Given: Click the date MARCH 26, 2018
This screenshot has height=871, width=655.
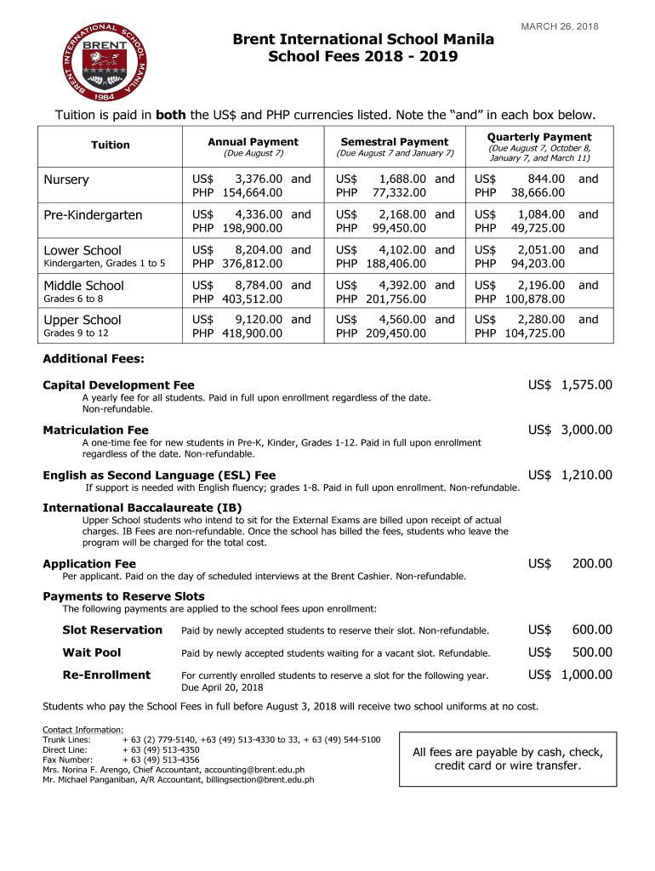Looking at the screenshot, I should coord(559,27).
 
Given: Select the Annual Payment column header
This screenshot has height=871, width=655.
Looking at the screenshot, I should coord(253,142).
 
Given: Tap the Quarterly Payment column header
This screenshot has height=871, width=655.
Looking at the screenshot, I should coord(539,137).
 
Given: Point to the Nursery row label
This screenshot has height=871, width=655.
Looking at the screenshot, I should coord(66,180).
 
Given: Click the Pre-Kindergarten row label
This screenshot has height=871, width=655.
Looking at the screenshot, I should coord(94,215).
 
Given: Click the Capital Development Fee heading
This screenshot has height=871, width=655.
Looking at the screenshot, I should coord(118,385).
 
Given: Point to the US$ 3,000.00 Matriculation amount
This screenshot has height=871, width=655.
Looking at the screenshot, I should coord(569,430).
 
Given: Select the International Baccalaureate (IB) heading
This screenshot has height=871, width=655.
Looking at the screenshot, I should coord(142,508).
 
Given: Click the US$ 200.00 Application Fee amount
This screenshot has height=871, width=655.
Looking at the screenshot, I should coord(569,564).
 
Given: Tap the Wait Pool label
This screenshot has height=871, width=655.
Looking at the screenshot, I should coord(92,652).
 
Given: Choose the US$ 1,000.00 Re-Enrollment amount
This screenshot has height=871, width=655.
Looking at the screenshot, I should coord(569,675).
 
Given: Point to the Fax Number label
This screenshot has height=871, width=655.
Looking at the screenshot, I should coord(67,760).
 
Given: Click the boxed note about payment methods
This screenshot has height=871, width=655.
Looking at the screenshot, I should coord(508,759).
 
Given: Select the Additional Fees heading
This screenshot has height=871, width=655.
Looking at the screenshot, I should coord(94,359).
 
